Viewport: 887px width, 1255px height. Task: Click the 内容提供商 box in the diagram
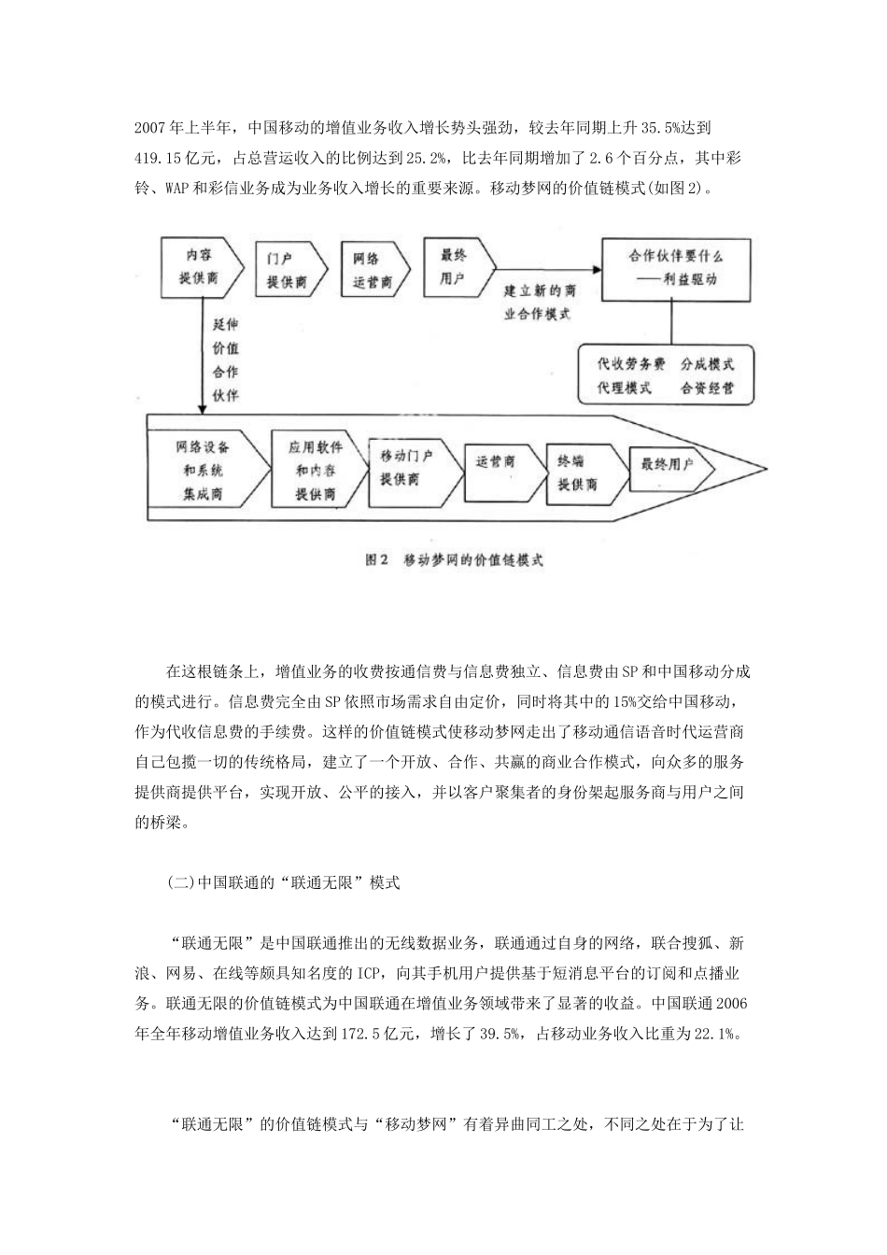(x=197, y=267)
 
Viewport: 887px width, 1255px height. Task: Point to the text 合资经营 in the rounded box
(x=707, y=388)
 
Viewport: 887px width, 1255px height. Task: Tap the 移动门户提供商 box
(x=407, y=468)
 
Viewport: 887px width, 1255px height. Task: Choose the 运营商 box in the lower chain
(x=498, y=463)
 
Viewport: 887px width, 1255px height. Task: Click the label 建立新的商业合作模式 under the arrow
(x=539, y=303)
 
